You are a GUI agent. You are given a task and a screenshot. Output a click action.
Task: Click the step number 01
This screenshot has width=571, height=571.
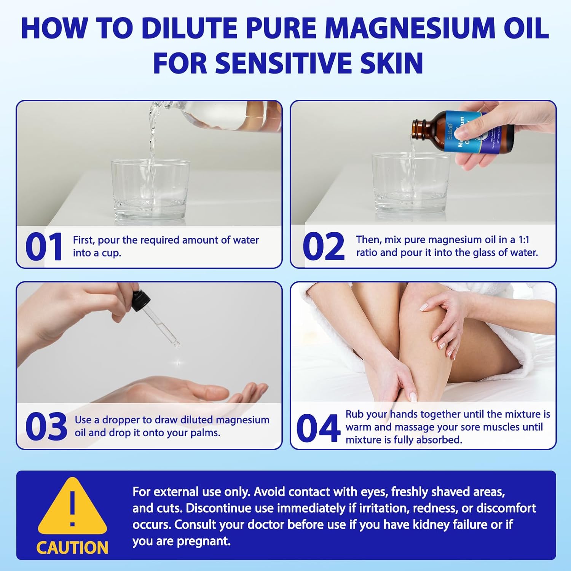(43, 247)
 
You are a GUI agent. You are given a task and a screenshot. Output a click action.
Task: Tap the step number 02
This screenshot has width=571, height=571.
(323, 247)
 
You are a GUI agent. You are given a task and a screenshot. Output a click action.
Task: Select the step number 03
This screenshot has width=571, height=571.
(46, 426)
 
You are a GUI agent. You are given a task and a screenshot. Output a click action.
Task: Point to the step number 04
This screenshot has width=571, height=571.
(318, 429)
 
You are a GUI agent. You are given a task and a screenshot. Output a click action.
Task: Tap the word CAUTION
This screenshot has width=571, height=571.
(72, 548)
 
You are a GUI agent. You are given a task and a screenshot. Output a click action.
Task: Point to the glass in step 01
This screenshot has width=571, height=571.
(150, 190)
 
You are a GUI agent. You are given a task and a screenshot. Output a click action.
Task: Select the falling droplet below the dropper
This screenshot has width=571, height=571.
(178, 364)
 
